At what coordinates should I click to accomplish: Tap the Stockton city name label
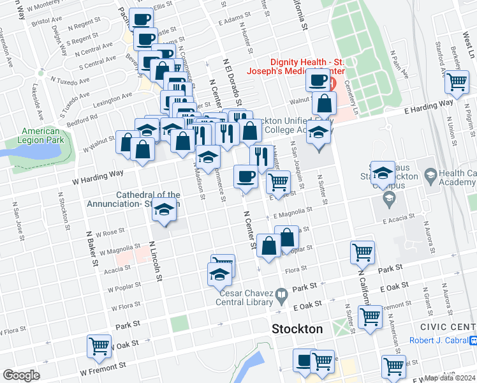[297, 329]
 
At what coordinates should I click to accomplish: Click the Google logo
[21, 375]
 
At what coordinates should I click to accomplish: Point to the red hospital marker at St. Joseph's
[332, 84]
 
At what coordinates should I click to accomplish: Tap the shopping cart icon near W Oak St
[99, 346]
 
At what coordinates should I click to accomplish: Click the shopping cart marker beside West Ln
[457, 82]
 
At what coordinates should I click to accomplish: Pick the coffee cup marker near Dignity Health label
[318, 80]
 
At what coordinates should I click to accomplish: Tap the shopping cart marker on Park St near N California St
[362, 252]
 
